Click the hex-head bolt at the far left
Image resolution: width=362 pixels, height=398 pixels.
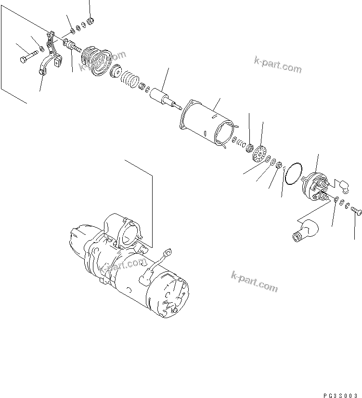coord(27,60)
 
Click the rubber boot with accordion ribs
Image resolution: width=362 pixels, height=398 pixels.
coord(97,60)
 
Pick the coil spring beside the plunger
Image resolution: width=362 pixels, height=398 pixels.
coord(129,78)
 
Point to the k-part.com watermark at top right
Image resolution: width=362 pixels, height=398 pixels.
coord(278,65)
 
